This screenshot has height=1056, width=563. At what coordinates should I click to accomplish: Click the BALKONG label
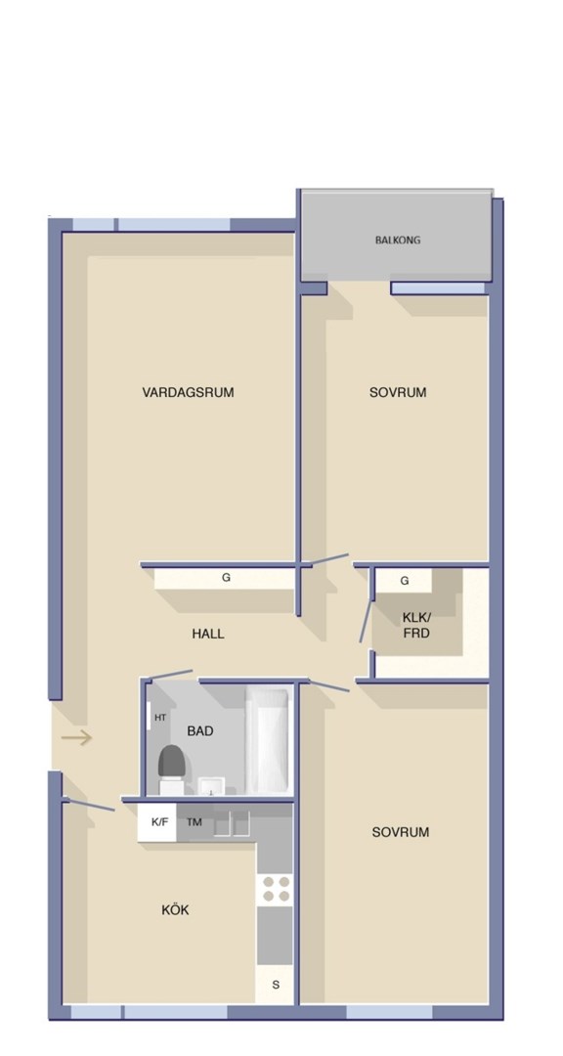[398, 240]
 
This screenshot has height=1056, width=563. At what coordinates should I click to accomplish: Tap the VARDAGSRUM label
[188, 392]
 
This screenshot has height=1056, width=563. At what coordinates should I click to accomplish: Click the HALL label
[208, 634]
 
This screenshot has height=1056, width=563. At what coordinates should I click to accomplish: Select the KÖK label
[175, 910]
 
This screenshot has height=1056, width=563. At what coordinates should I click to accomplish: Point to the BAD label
[200, 730]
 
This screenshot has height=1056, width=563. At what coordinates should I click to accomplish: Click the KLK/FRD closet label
[416, 625]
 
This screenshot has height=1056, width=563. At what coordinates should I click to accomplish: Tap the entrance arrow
[76, 738]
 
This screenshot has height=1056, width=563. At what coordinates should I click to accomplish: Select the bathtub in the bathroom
[269, 739]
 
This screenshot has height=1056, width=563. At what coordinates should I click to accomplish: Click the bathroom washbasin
[211, 786]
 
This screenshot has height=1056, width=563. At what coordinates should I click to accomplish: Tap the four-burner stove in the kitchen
[276, 889]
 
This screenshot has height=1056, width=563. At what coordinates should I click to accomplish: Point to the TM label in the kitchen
[195, 822]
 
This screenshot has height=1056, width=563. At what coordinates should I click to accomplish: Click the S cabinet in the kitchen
[276, 985]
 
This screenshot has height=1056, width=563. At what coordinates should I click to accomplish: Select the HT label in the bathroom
[160, 718]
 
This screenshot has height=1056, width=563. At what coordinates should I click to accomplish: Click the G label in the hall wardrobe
[227, 578]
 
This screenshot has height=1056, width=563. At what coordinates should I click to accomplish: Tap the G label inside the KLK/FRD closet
[405, 581]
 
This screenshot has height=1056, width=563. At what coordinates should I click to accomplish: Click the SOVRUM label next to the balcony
[398, 392]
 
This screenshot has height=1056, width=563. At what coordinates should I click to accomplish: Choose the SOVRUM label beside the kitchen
[401, 832]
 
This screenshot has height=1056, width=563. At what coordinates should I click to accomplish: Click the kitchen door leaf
[90, 804]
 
